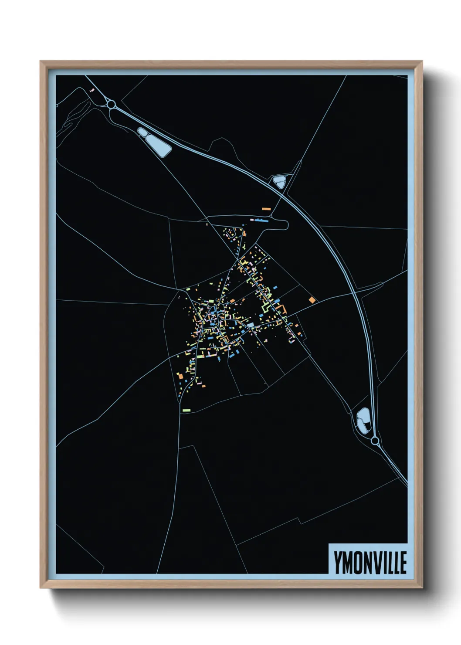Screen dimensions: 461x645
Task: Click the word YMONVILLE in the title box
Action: [x=370, y=563]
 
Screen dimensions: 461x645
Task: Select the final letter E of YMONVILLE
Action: [x=403, y=563]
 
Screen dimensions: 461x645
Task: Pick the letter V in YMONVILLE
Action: [x=377, y=563]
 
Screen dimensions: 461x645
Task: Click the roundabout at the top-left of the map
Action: [x=111, y=105]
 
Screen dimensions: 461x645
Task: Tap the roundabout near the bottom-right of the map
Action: [x=375, y=441]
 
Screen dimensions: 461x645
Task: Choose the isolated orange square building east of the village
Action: [x=312, y=300]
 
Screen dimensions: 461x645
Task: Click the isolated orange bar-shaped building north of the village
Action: [x=266, y=209]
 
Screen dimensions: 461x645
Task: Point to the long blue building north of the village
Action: [x=262, y=221]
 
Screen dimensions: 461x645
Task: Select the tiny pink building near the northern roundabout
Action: [x=91, y=90]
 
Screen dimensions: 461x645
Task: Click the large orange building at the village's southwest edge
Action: [x=180, y=375]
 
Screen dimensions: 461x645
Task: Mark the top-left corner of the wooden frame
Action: [x=41, y=62]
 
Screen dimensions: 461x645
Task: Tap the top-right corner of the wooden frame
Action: [x=421, y=62]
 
